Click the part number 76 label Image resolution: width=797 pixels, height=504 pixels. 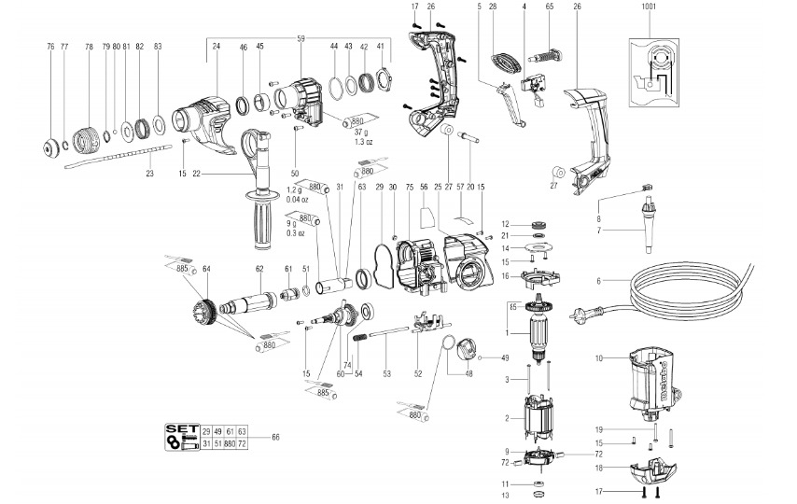(50, 46)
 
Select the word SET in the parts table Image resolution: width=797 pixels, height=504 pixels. (177, 430)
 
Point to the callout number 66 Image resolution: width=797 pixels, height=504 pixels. (275, 437)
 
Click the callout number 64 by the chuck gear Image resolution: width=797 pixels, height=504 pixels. (206, 270)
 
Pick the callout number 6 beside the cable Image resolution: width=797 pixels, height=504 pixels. (598, 281)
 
